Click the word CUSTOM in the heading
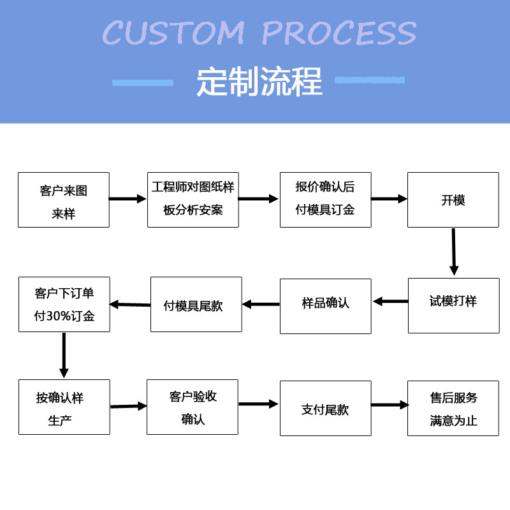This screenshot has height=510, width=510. [x=173, y=33]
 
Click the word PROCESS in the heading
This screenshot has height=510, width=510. [x=339, y=33]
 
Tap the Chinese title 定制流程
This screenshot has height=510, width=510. [x=259, y=82]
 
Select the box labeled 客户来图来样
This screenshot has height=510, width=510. [x=64, y=200]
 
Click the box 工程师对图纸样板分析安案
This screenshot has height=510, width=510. [x=193, y=200]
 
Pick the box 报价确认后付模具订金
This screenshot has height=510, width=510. [x=325, y=200]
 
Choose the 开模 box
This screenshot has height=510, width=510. [x=453, y=200]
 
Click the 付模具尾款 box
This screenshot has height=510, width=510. [x=196, y=304]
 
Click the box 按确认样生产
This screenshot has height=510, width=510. [x=64, y=407]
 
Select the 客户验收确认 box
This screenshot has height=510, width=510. [x=193, y=407]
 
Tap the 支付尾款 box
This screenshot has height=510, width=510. [x=325, y=409]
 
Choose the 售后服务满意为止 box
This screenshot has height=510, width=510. [x=453, y=409]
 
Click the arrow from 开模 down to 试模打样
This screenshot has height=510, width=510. [x=453, y=252]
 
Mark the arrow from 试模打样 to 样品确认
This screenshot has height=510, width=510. [x=390, y=301]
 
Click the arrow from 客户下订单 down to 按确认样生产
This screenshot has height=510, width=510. [x=64, y=355]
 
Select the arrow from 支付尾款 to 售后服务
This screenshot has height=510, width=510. [x=390, y=405]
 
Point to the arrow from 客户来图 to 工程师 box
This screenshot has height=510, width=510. [x=128, y=199]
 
